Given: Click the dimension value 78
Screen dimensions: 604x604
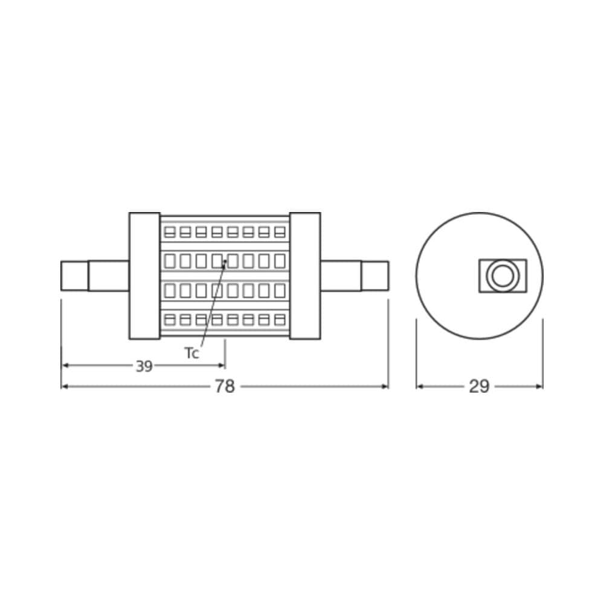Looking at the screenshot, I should pos(225,387).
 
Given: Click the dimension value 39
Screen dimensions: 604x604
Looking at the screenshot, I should pos(144,365).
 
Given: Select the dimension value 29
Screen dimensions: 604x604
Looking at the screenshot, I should pos(479,387).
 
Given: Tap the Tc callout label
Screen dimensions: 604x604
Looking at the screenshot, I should pos(191,354).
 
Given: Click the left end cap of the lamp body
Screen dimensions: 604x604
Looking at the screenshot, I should pos(144,275).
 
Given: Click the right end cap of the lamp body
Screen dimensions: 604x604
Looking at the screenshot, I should pos(305,275).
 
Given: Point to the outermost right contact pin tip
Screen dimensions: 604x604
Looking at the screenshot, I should pos(375,275).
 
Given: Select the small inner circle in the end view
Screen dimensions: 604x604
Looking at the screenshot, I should pos(500,275).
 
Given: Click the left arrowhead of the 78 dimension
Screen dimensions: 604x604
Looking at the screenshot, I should pos(65,387).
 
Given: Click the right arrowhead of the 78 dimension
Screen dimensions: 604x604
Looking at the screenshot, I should pos(385,387).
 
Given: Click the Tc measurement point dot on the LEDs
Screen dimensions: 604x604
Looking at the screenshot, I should pos(225,262).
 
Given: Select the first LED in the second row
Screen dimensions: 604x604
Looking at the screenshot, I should pos(170,261).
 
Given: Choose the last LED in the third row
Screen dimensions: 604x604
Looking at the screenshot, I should pos(279,291).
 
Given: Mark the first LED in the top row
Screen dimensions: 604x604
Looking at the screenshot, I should pos(170,232).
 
